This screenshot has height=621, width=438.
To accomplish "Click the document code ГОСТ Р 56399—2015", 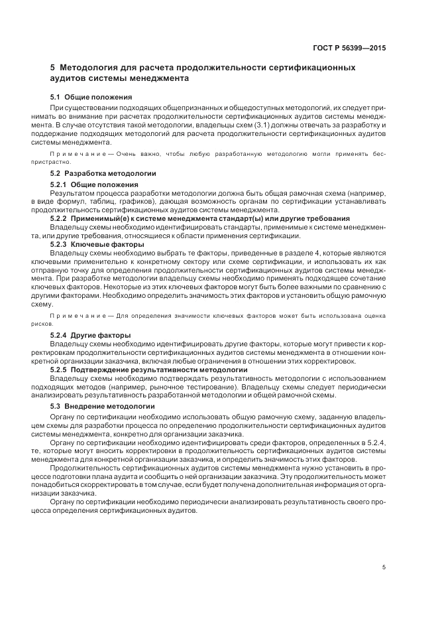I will point(349,48).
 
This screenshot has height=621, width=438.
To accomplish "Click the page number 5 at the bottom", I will point(384,567).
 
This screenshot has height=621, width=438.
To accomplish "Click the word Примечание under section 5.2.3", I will point(82,316).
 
